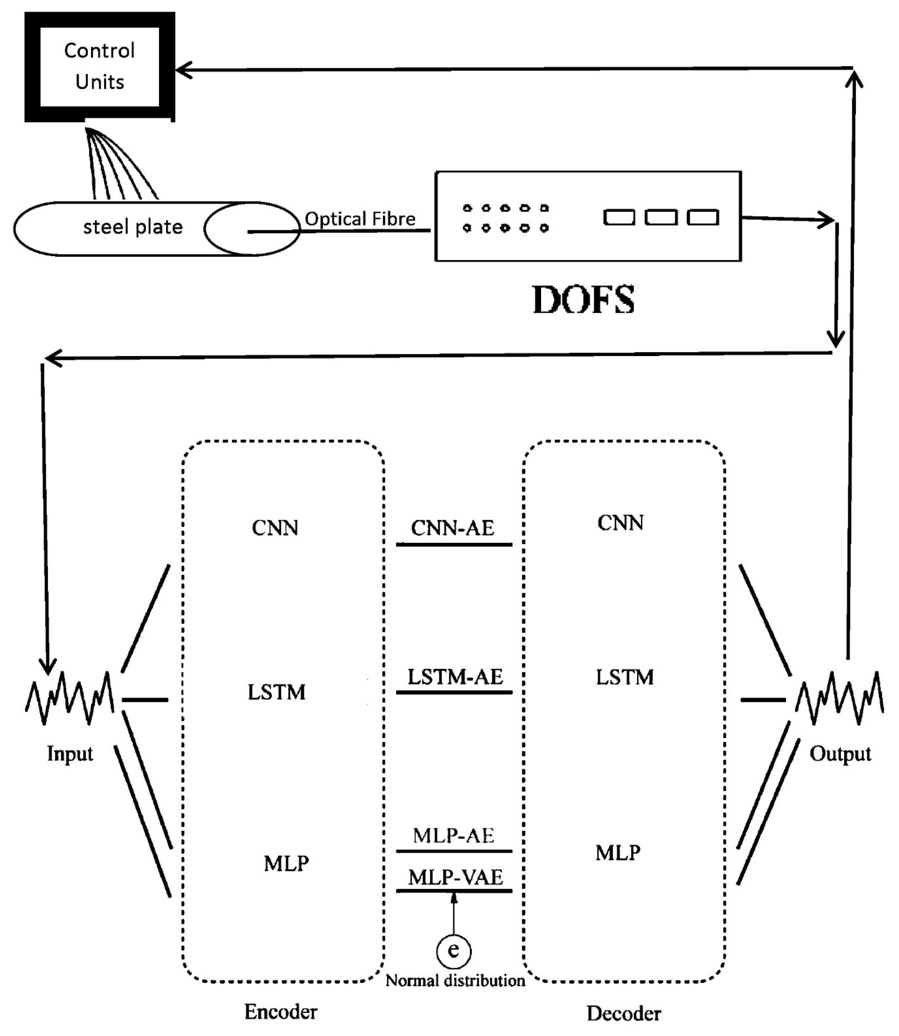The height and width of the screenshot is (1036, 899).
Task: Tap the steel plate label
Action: [x=133, y=227]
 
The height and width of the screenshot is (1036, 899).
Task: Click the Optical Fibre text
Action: [x=360, y=219]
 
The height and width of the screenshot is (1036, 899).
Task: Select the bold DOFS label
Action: [x=584, y=300]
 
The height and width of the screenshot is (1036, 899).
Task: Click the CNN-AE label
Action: [x=453, y=528]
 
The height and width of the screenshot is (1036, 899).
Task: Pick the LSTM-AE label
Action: [x=455, y=677]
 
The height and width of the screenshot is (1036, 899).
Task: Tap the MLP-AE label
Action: [x=454, y=835]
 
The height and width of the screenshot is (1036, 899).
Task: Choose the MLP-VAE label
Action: [x=455, y=878]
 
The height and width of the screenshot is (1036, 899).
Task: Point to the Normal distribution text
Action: [x=455, y=980]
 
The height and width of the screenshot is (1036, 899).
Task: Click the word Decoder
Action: [x=624, y=1013]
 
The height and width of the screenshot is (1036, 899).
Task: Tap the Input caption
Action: [x=70, y=754]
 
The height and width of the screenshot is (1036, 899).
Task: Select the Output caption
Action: [x=840, y=754]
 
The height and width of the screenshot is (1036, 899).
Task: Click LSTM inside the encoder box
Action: [x=276, y=692]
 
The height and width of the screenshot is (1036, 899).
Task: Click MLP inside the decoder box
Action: [x=618, y=853]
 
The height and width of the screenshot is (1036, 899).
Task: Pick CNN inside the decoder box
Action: [x=620, y=523]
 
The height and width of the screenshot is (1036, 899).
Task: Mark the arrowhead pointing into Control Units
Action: [x=184, y=70]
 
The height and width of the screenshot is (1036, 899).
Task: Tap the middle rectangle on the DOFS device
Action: [x=661, y=217]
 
